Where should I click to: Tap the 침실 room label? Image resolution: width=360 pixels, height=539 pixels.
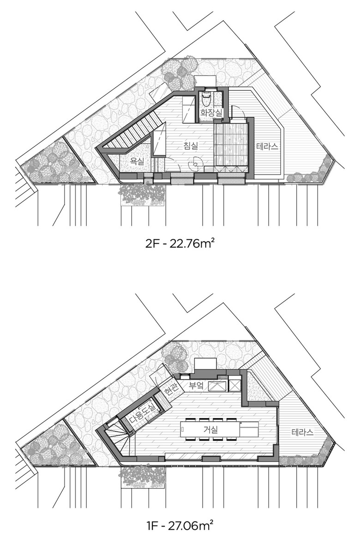[x=191, y=146]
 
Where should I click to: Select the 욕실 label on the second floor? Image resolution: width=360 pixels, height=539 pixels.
[x=137, y=161]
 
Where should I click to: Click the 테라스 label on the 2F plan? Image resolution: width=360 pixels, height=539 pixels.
[x=267, y=147]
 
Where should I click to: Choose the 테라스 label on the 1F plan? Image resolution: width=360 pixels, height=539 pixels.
[x=302, y=432]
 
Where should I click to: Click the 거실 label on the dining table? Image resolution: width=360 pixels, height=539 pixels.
[x=210, y=429]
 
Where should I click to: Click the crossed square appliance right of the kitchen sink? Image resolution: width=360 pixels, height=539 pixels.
[x=236, y=385]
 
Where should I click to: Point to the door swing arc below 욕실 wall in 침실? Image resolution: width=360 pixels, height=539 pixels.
[x=175, y=164]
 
